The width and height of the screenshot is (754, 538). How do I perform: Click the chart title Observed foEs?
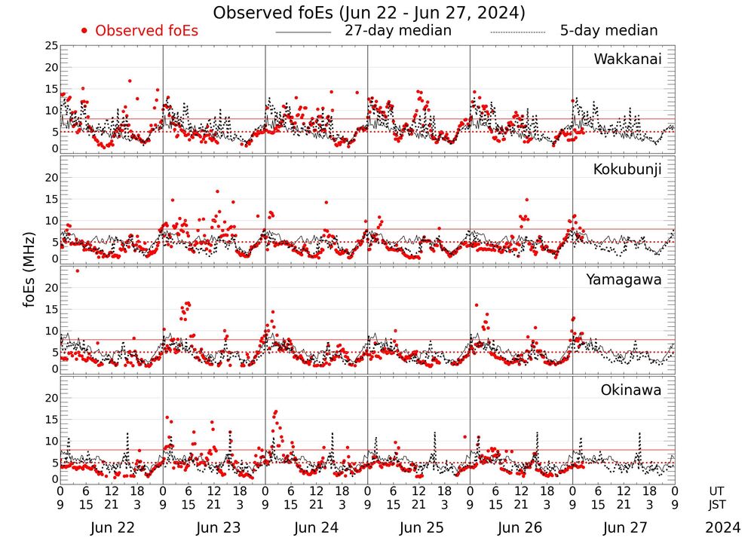[x=369, y=13]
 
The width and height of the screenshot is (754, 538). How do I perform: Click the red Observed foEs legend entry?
[x=139, y=31]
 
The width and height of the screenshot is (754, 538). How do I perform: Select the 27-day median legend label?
[x=398, y=31]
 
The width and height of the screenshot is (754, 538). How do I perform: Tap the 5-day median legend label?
[x=608, y=31]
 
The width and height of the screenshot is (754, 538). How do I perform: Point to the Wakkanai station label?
[x=627, y=60]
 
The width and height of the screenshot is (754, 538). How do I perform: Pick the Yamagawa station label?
[x=624, y=280]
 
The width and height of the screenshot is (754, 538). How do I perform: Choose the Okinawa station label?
[x=631, y=390]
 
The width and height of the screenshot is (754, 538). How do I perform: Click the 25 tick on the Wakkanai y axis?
[x=51, y=46]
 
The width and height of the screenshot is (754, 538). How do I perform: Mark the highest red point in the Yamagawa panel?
[x=77, y=271]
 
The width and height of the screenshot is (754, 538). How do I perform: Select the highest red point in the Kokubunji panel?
[x=217, y=191]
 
